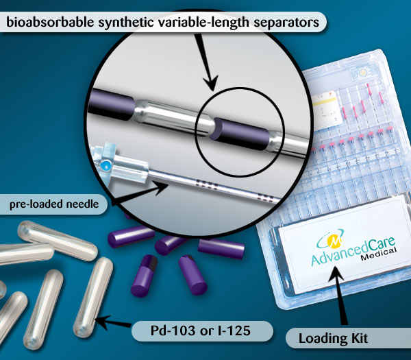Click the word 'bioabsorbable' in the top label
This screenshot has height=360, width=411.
pyautogui.click(x=50, y=22)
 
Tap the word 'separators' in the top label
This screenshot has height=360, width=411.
pyautogui.click(x=286, y=23)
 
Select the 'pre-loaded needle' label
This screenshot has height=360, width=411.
pyautogui.click(x=54, y=204)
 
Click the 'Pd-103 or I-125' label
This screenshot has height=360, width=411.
pyautogui.click(x=201, y=331)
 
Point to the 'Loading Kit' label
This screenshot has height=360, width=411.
pyautogui.click(x=333, y=338)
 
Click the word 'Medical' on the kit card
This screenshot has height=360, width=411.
pyautogui.click(x=378, y=254)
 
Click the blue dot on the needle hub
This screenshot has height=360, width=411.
pyautogui.click(x=106, y=165)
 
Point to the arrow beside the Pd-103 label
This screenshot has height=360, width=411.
pyautogui.click(x=113, y=322)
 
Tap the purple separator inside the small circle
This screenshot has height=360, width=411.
pyautogui.click(x=240, y=134)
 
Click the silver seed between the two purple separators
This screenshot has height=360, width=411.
pyautogui.click(x=173, y=117)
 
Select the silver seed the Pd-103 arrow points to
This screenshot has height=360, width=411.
pyautogui.click(x=93, y=297)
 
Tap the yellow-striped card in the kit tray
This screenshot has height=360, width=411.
pyautogui.click(x=325, y=110)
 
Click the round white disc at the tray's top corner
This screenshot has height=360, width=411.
pyautogui.click(x=363, y=73)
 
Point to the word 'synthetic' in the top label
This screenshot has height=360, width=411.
pyautogui.click(x=126, y=23)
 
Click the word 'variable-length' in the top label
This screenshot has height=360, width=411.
pyautogui.click(x=203, y=23)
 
